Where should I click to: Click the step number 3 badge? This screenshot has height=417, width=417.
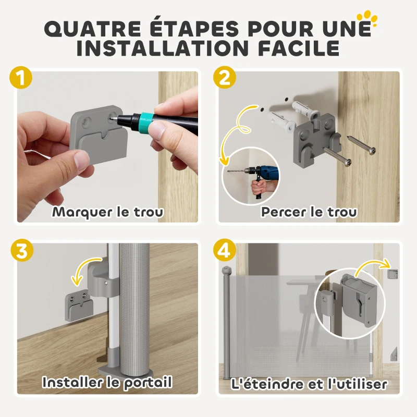[21, 251]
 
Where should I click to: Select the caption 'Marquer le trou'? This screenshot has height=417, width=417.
[108, 212]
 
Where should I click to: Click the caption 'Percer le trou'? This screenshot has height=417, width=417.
[309, 212]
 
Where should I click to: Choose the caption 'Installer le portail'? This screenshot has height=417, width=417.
[107, 383]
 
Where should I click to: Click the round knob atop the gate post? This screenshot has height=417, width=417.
[226, 272]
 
